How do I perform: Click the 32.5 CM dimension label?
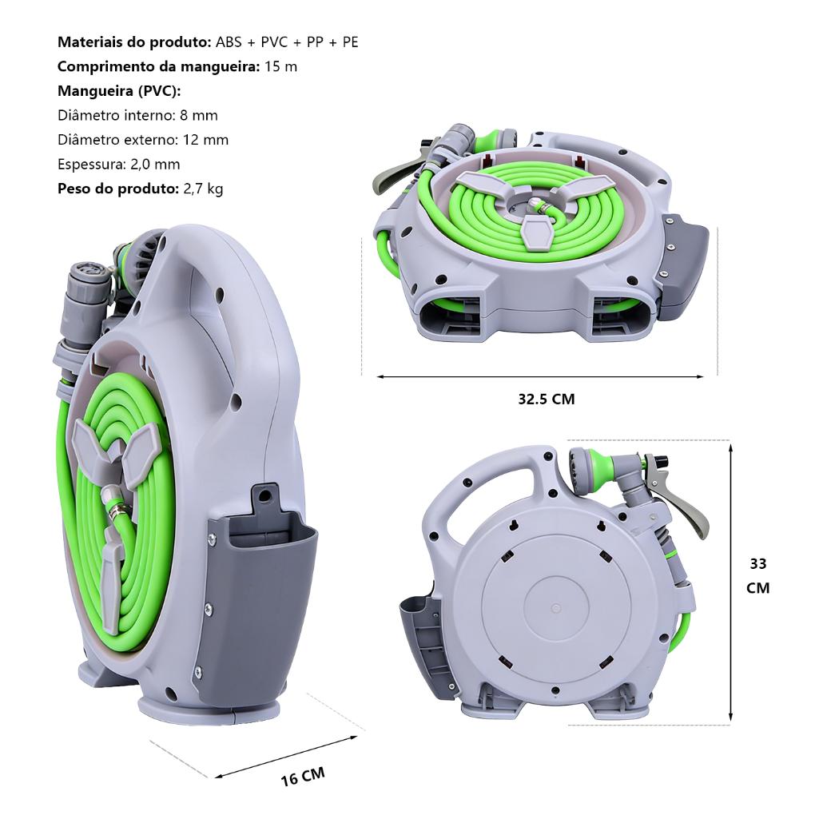tap(547, 400)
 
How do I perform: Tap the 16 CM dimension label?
tap(303, 777)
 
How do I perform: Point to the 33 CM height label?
tap(758, 576)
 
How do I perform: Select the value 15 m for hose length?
tap(280, 66)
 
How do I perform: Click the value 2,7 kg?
tap(203, 189)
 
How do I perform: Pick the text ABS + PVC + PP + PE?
tap(287, 42)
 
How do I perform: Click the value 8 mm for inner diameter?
tap(198, 116)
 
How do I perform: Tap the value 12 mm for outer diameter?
tap(206, 140)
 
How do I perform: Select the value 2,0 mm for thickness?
tap(155, 165)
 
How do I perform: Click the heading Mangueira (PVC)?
tap(119, 91)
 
